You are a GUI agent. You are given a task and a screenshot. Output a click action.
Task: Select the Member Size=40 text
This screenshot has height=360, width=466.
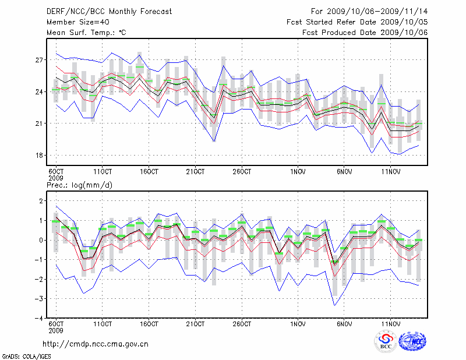coord(76,22)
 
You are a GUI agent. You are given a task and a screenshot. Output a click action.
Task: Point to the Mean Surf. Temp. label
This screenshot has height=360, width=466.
coord(86,33)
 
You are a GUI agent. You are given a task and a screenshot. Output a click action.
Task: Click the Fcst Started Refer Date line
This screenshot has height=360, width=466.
coord(357,22)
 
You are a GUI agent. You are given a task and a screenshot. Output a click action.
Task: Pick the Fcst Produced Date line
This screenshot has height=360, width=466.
coord(365,33)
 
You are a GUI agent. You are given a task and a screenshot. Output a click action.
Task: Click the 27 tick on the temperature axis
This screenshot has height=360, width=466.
coord(40,60)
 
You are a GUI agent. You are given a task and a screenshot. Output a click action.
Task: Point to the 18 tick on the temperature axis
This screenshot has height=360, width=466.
coord(40,156)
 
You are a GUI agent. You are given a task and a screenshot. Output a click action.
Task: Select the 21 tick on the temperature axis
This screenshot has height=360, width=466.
coord(40,123)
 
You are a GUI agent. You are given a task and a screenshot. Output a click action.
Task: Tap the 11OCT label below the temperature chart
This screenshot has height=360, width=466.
coord(103,172)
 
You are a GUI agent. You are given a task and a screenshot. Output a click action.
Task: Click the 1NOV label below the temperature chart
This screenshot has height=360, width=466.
coord(298,172)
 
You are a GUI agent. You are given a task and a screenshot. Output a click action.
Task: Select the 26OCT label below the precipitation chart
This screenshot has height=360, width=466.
coord(242,324)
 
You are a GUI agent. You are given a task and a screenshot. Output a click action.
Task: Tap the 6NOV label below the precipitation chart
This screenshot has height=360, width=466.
coord(344,324)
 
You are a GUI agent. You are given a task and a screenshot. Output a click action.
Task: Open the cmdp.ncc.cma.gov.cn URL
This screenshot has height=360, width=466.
coord(96,344)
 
